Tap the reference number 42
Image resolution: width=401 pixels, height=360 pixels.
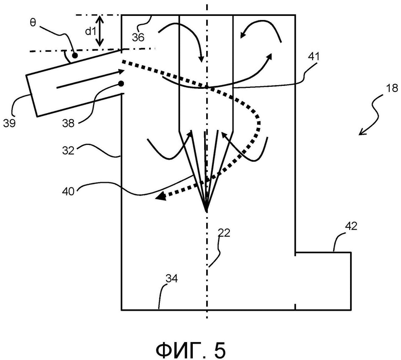pos(351,226)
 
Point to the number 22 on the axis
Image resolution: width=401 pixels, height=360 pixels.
pos(224,233)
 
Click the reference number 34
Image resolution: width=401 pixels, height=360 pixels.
pos(172,278)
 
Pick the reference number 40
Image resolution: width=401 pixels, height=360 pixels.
pos(68,192)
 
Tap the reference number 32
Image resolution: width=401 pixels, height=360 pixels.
pos(68,150)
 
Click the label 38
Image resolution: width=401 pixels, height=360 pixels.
pos(68,123)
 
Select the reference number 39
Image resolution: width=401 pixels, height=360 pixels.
pos(9,123)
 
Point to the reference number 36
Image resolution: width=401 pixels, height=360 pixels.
pos(138,37)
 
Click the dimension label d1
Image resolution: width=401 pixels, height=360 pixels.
pos(90,31)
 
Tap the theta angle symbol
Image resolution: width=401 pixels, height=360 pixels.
pos(33,23)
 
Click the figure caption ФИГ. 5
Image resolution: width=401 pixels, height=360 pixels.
pos(191,350)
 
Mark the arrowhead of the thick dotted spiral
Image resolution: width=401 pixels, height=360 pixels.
pos(160,197)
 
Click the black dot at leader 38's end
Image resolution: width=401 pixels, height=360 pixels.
pos(121,84)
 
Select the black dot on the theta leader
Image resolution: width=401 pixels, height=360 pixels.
pos(75,55)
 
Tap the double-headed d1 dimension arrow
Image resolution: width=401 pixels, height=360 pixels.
pos(100,31)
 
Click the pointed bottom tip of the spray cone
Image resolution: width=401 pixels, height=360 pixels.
pos(206,212)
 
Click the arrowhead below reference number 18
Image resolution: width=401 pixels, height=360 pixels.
pos(361,132)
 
